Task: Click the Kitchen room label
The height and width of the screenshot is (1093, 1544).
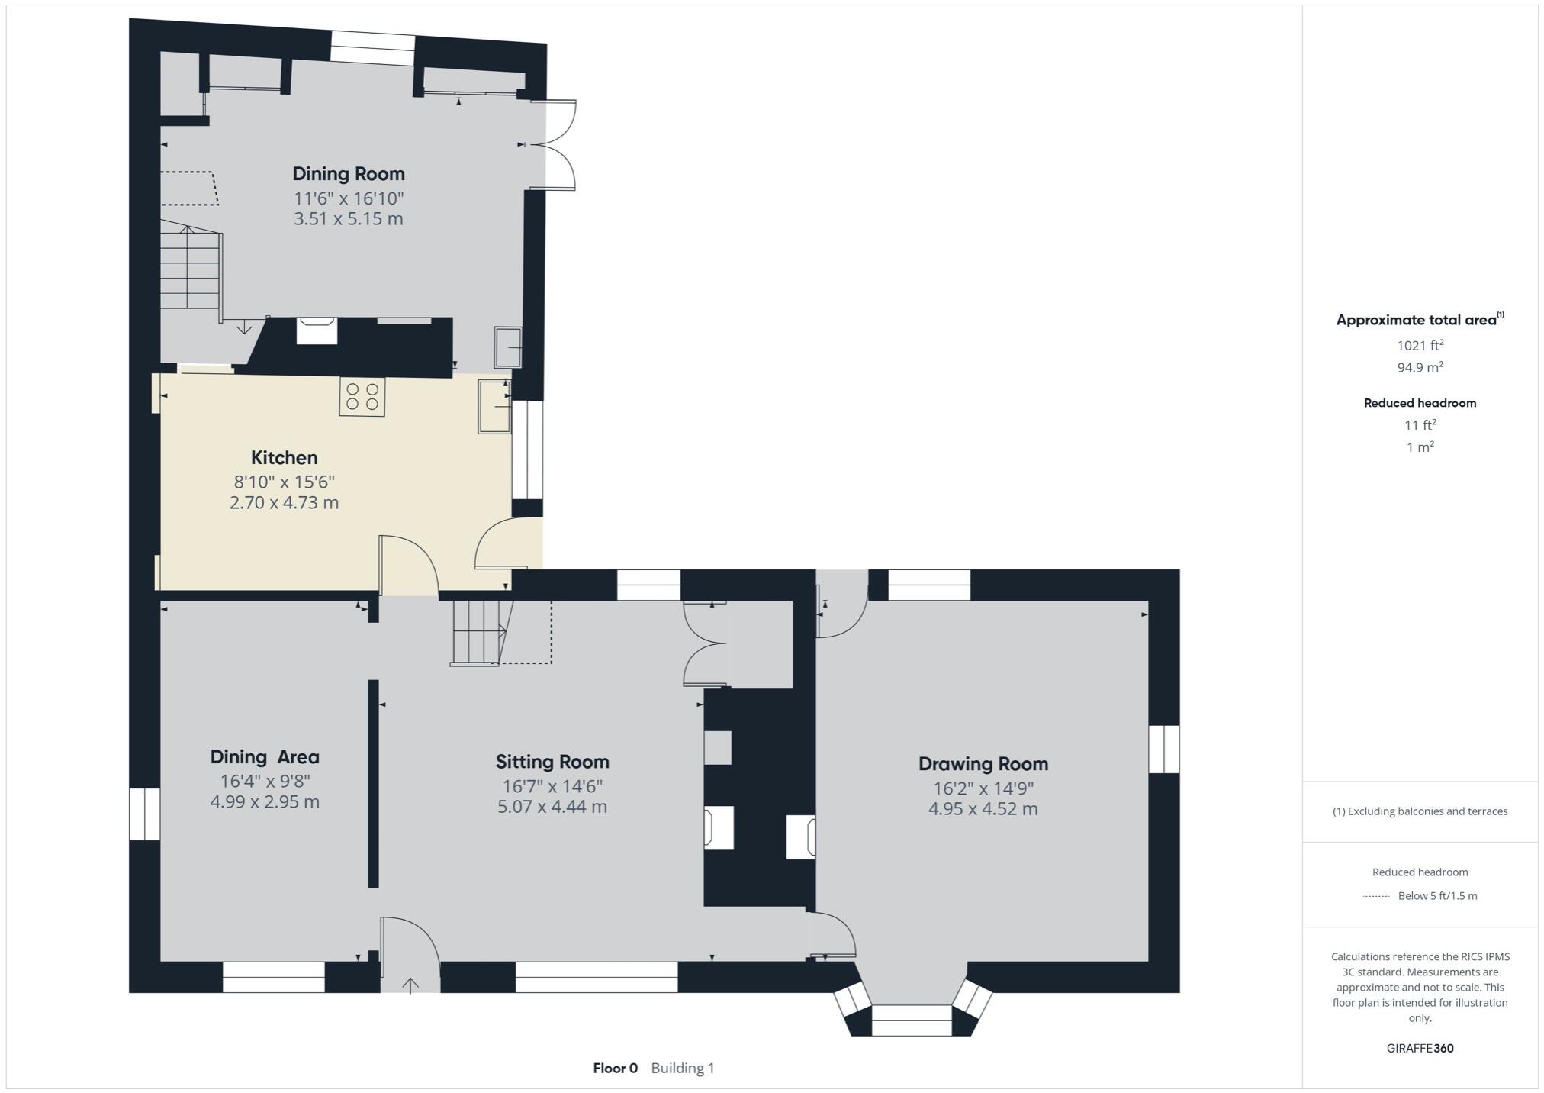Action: point(284,457)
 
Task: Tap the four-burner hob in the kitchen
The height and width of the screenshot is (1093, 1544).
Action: point(362,397)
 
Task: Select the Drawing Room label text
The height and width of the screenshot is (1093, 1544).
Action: point(983,763)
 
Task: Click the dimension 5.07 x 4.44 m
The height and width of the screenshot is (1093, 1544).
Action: point(552,807)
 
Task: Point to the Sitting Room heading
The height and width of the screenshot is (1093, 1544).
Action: point(552,761)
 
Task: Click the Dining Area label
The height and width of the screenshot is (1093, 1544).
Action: point(265,756)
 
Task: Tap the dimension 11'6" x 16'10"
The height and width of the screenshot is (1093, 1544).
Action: point(349,198)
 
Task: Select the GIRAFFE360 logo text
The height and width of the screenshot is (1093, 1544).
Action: point(1420,1048)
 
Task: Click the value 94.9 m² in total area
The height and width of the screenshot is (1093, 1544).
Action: point(1420,367)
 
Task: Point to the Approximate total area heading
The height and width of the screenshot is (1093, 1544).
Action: point(1417,320)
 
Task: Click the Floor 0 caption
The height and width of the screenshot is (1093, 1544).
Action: point(615,1068)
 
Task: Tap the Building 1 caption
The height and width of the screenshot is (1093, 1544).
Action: point(683,1068)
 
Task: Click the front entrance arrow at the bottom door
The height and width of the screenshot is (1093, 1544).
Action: point(410,985)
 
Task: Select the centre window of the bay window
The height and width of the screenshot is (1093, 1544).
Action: point(912,1020)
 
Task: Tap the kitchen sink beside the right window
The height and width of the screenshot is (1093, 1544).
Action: point(494,406)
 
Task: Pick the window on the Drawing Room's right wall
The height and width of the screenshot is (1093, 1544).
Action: point(1163,749)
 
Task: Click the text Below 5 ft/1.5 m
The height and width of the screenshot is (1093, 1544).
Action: point(1437,896)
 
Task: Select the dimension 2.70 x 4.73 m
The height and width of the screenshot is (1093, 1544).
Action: point(284,503)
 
